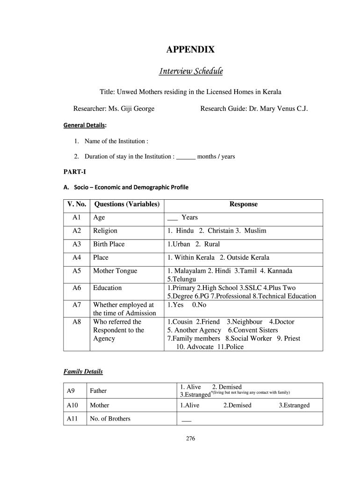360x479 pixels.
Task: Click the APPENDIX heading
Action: pyautogui.click(x=191, y=50)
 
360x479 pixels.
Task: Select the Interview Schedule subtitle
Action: pyautogui.click(x=191, y=71)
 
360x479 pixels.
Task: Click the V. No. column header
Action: pyautogui.click(x=77, y=204)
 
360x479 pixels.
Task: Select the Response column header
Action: pyautogui.click(x=243, y=204)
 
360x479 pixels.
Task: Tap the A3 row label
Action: pyautogui.click(x=77, y=244)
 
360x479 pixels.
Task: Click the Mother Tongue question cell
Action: pyautogui.click(x=115, y=271)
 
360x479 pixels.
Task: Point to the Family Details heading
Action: pyautogui.click(x=83, y=372)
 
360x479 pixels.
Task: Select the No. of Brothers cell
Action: pyautogui.click(x=110, y=419)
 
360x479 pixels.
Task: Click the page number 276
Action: pyautogui.click(x=190, y=439)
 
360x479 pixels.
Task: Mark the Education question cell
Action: pyautogui.click(x=108, y=288)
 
